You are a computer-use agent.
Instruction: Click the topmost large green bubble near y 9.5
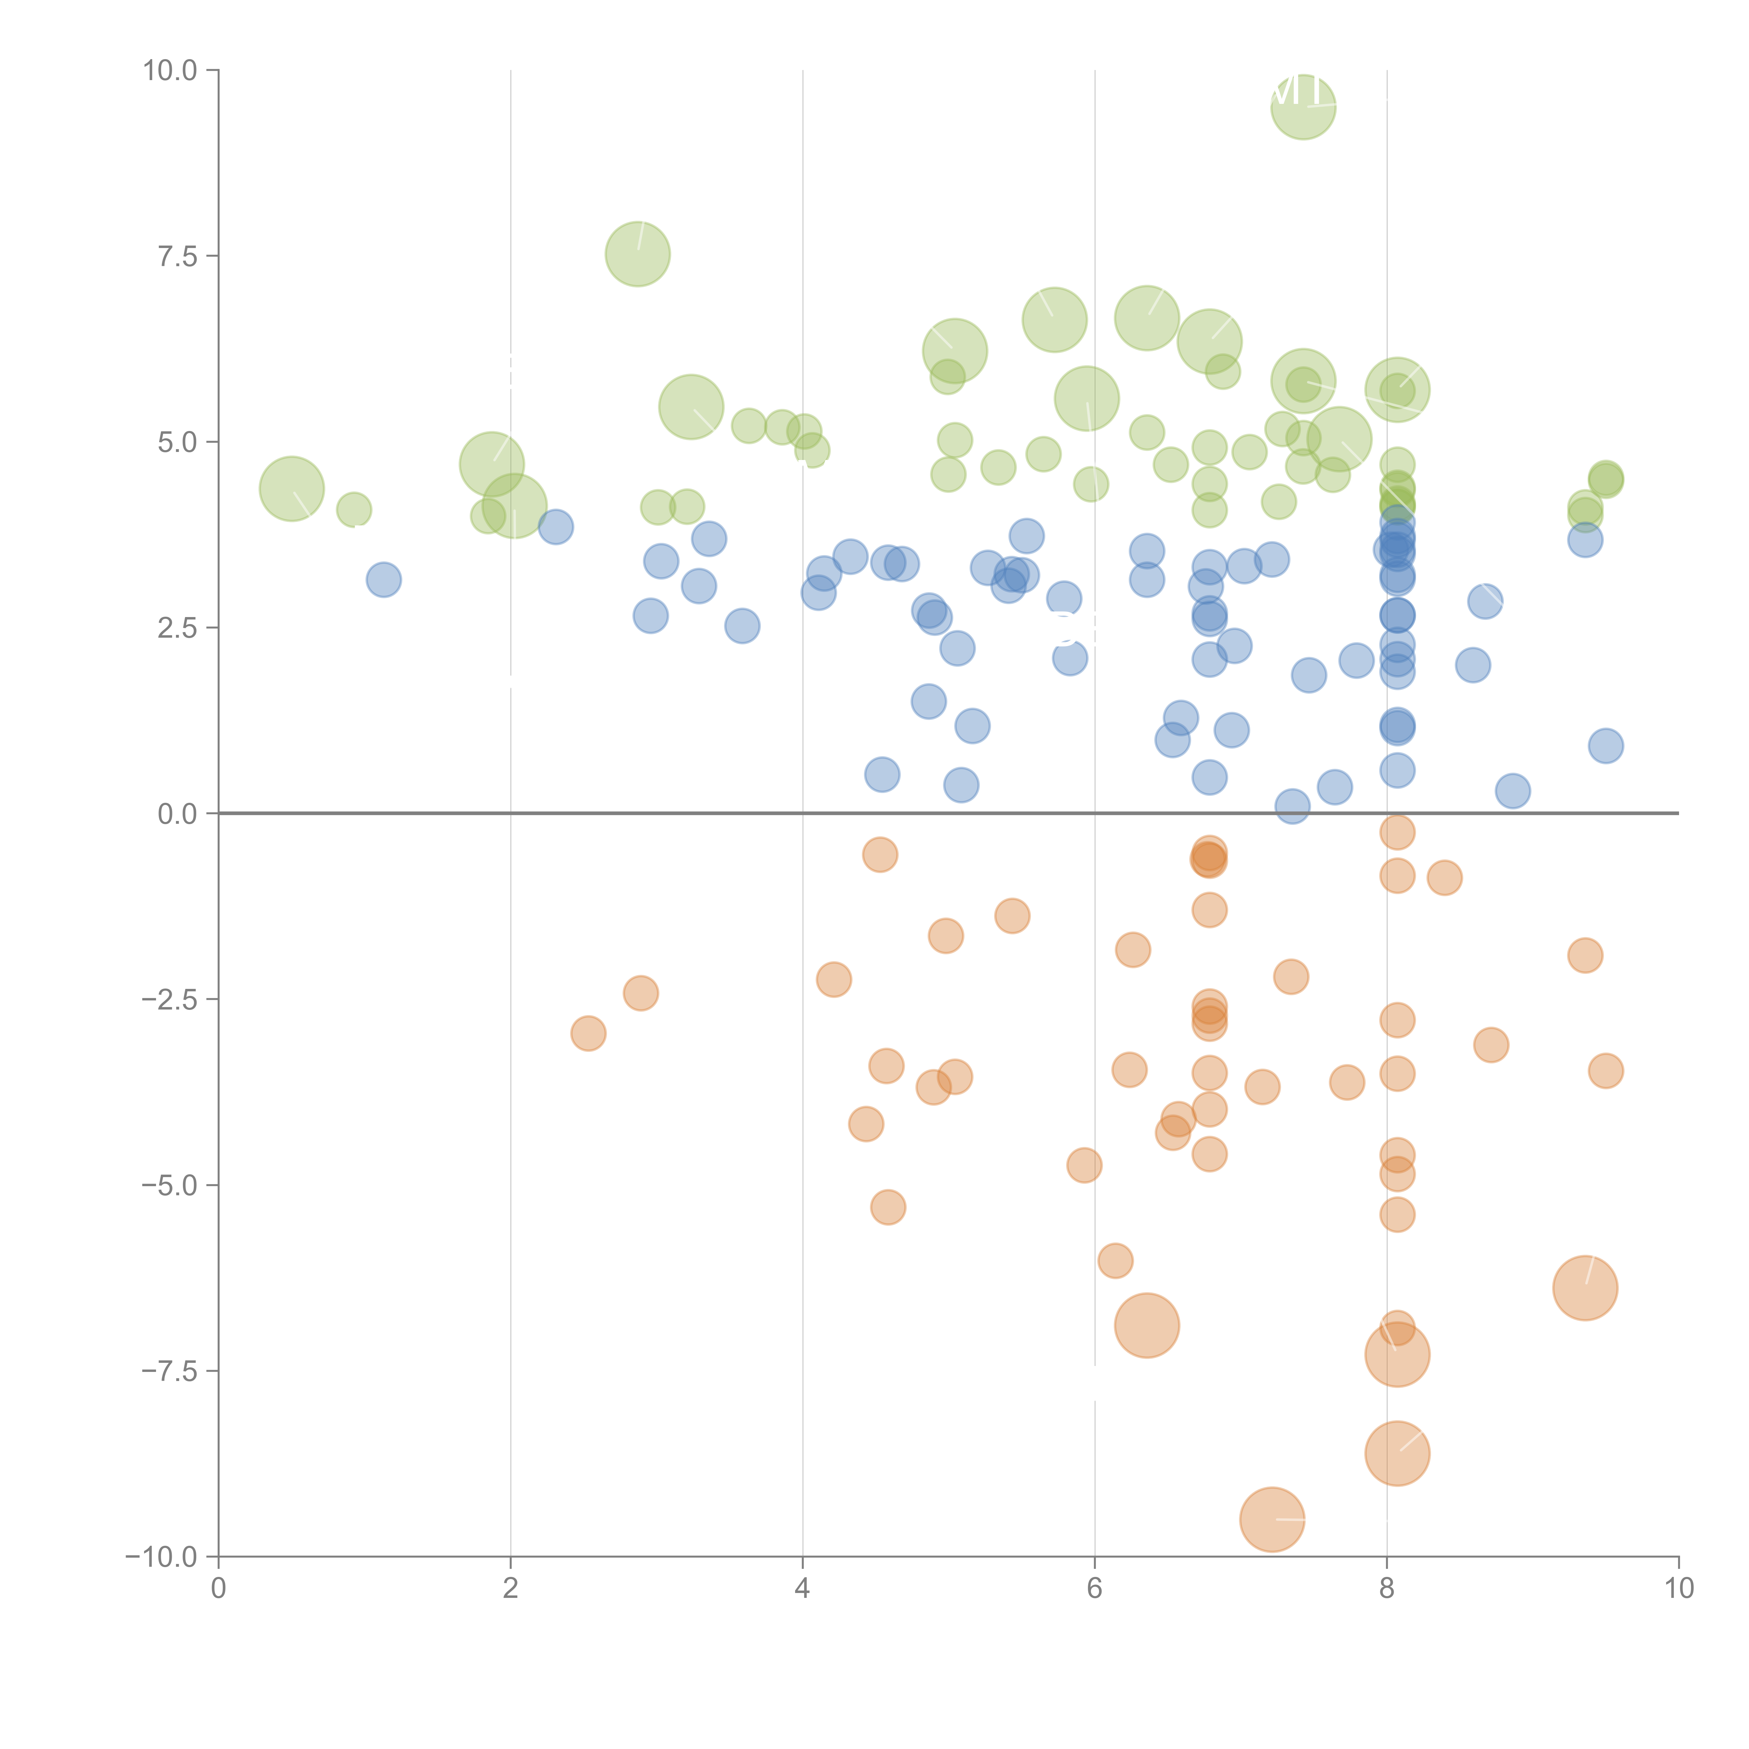click(x=1303, y=107)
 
